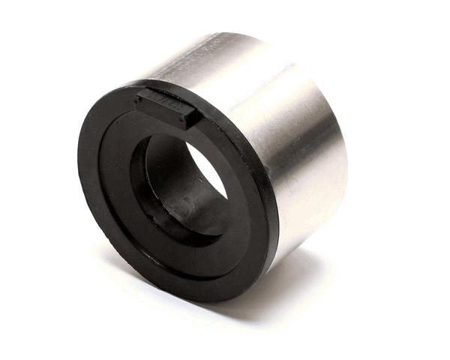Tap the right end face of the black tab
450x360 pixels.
(190, 118)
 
